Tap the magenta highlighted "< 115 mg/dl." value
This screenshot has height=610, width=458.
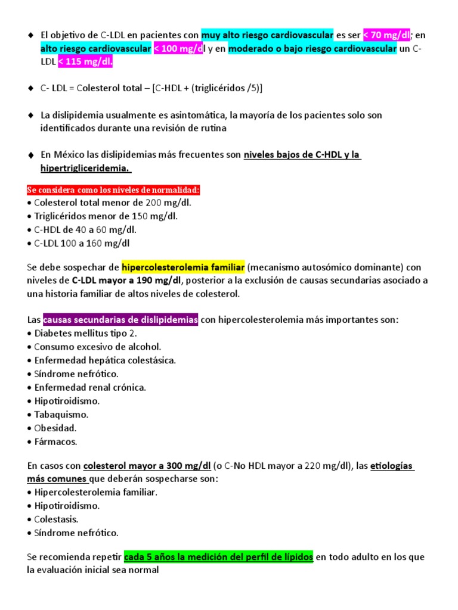point(85,62)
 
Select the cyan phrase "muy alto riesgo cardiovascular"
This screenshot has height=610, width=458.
point(267,35)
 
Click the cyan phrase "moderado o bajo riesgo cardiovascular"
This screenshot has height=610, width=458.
point(312,49)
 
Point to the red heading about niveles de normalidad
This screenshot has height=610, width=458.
point(113,190)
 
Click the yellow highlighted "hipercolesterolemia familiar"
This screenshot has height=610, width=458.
point(183,267)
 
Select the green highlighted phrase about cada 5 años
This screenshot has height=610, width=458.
point(218,557)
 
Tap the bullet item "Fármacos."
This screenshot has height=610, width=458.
point(56,442)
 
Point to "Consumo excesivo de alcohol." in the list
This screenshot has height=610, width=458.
point(98,347)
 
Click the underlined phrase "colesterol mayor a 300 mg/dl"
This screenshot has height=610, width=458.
point(147,465)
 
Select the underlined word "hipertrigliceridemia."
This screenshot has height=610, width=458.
point(85,169)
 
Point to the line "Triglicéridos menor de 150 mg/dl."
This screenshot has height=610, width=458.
point(106,216)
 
